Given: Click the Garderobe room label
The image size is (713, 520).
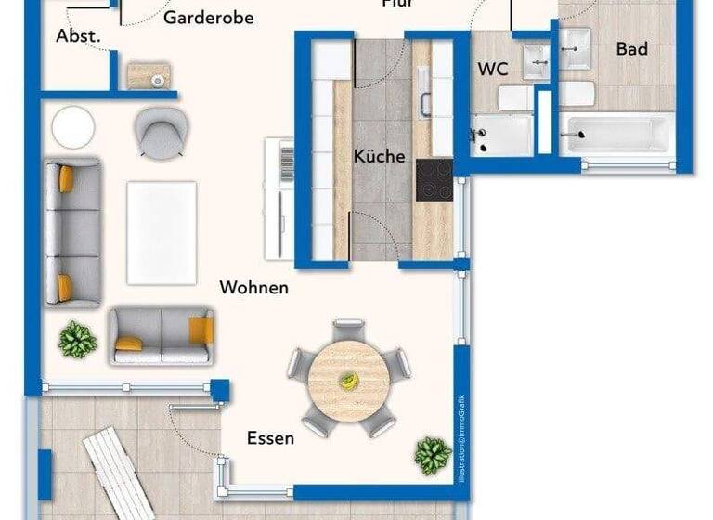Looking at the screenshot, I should (208, 18).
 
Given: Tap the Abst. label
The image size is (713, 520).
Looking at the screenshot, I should (78, 36).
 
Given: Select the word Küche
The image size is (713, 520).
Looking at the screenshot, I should (379, 156).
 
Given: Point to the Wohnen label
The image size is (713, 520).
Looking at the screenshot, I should (253, 288).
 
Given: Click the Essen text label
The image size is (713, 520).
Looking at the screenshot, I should (270, 437).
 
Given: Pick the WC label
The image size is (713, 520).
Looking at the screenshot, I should (493, 70).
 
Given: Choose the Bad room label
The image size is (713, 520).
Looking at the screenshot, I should (631, 49).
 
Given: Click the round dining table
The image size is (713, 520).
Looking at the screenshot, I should (348, 381).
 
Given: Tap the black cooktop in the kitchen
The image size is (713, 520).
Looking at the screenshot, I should (434, 179).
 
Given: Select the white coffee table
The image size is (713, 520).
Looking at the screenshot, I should (162, 232).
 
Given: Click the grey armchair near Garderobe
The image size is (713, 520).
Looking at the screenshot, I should (162, 132).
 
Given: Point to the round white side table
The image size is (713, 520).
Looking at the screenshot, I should (73, 126).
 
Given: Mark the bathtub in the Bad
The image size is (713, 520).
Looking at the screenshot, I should (616, 135).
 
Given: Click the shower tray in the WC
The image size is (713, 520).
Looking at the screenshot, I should (501, 136).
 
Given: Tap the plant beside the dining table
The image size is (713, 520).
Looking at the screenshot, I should (433, 455).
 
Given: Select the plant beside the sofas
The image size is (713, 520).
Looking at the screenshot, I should (77, 340).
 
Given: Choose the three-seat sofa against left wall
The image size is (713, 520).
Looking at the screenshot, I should (72, 232).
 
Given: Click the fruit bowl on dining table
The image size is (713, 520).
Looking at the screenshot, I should (348, 381).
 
